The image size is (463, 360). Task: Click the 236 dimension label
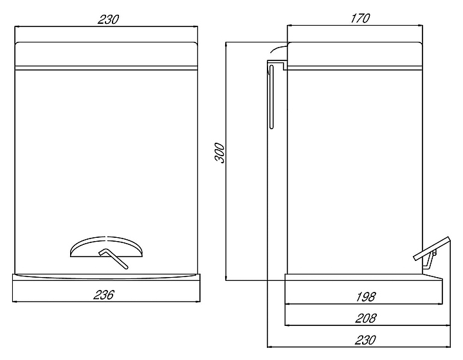pos(105,296)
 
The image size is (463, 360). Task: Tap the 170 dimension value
pos(360,18)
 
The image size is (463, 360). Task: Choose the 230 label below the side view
pos(364,339)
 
